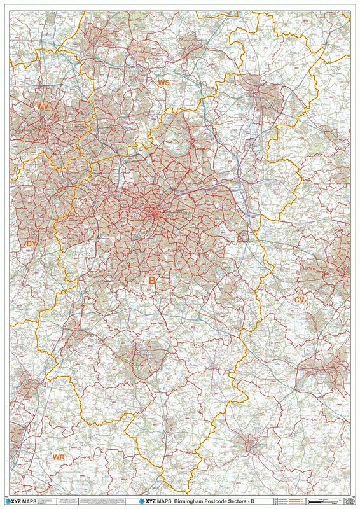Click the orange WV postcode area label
tap(43, 106)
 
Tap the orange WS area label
tap(163, 83)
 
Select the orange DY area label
tap(32, 244)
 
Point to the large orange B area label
tap(152, 280)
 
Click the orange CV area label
tap(300, 299)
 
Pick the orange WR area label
tap(59, 457)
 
